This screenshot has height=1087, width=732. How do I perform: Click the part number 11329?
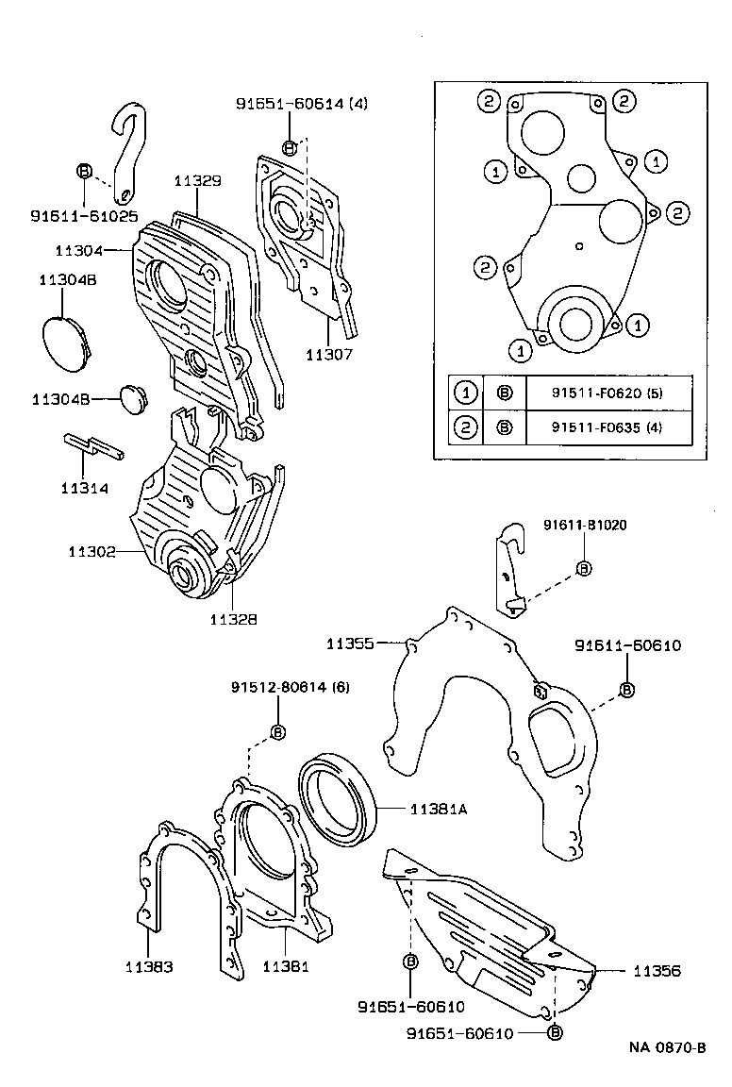[196, 179]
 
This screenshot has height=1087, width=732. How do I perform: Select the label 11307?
[328, 355]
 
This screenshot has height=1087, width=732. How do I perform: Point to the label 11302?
[91, 551]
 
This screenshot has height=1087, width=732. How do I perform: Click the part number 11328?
[233, 619]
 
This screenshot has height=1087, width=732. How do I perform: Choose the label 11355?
[351, 644]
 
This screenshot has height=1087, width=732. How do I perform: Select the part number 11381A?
[440, 809]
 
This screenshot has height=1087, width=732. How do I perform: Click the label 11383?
[149, 966]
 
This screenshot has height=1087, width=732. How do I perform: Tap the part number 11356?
[657, 970]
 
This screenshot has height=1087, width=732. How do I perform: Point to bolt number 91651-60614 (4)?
[301, 105]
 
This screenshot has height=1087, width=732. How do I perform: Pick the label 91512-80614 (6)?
[290, 687]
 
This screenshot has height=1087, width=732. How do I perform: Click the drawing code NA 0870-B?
[668, 1048]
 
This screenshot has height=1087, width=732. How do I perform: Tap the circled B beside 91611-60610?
[627, 690]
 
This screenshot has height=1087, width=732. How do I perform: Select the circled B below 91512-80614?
[278, 731]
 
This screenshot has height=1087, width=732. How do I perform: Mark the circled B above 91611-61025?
[83, 171]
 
